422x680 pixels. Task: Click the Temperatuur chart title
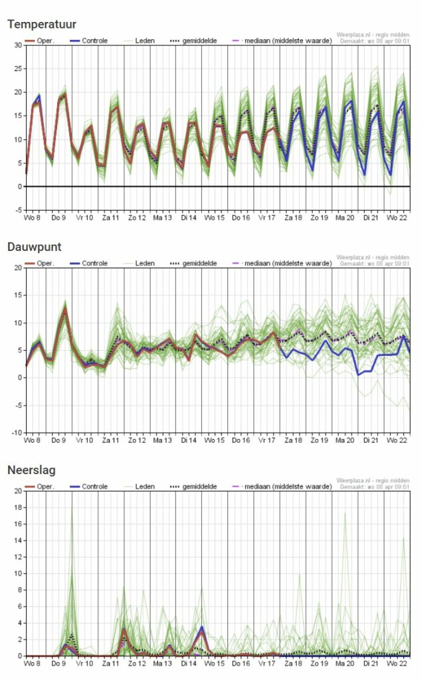[x=42, y=25]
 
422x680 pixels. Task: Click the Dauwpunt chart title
[x=34, y=247]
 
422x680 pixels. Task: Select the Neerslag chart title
[x=31, y=470]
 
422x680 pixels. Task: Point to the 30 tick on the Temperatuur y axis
[x=18, y=45]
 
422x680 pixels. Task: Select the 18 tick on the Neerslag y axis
[x=18, y=508]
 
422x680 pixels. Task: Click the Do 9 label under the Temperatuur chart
[x=58, y=217]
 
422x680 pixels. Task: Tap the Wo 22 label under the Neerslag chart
[x=397, y=663]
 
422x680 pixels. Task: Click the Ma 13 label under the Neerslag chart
[x=162, y=663]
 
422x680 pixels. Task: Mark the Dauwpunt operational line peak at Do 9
[x=65, y=308]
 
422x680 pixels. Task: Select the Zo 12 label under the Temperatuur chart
[x=136, y=217]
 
